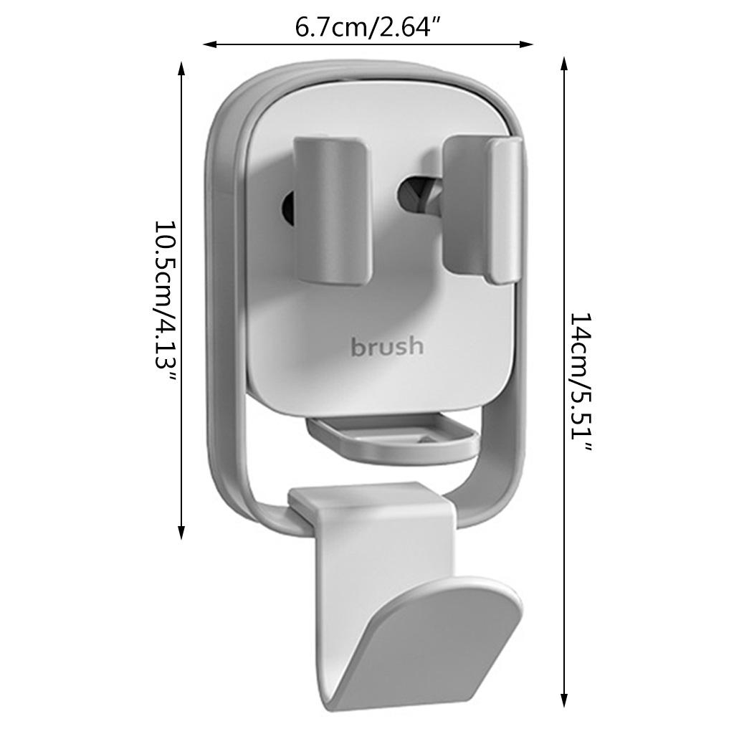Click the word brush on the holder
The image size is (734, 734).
387,346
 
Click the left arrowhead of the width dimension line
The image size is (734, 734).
209,44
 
